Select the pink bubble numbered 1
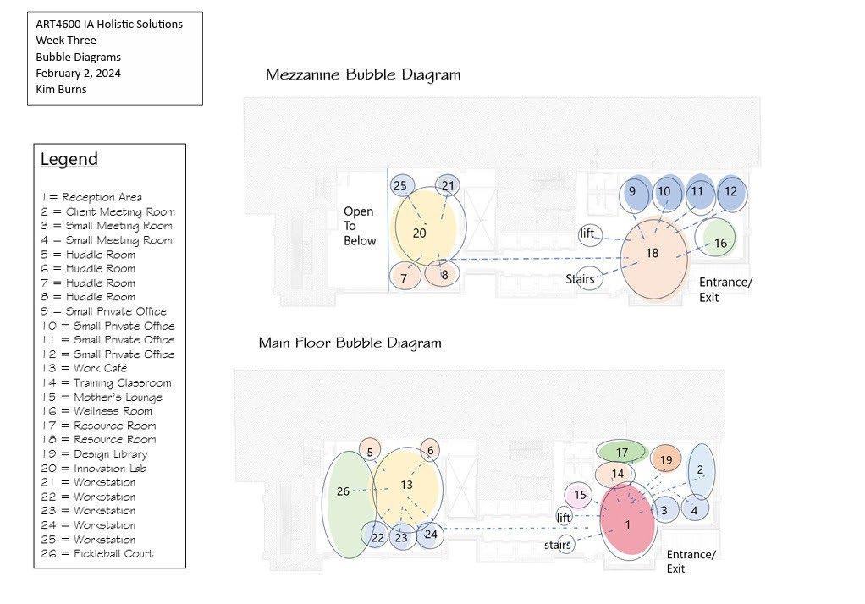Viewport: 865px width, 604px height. pos(628,525)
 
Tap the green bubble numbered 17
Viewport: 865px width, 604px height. pos(622,453)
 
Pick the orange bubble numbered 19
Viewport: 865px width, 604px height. pos(666,460)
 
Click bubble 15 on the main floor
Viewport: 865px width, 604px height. pos(580,495)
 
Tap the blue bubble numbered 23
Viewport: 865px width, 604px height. pos(401,537)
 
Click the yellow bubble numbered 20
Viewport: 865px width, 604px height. pos(426,230)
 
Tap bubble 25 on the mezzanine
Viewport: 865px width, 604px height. pos(401,185)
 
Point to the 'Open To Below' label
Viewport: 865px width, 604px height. pos(359,226)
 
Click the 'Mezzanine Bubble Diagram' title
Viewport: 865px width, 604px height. pos(363,74)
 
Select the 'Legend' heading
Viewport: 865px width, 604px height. pos(69,159)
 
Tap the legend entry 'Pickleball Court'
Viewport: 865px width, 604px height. pos(96,554)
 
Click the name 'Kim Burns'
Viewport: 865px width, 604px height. pos(61,90)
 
